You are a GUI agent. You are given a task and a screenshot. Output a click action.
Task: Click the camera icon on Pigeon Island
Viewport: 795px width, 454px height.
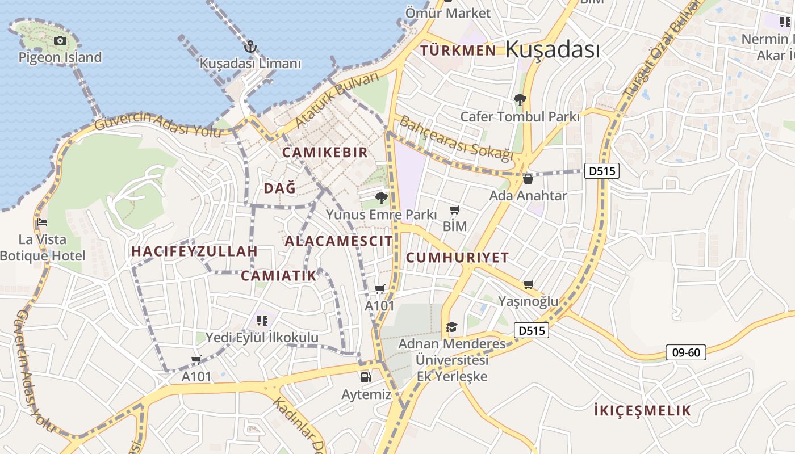coord(60,40)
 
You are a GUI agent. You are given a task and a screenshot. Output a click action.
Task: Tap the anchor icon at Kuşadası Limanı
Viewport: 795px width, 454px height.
coord(250,47)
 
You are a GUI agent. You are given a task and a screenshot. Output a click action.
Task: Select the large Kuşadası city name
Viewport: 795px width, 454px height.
coord(552,49)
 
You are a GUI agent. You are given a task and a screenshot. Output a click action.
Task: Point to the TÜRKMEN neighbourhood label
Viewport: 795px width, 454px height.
coord(458,51)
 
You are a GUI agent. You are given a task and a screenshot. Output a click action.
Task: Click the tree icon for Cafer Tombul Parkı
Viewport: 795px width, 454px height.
coord(520,100)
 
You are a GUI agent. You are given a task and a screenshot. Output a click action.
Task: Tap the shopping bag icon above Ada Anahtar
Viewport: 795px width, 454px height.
coord(528,179)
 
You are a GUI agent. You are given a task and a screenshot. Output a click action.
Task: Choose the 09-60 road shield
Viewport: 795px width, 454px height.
coord(685,352)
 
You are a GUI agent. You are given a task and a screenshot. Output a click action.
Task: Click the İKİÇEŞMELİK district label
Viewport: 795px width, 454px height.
coord(642,410)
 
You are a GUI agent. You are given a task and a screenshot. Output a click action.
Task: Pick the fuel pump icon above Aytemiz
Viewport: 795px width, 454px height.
coord(366,377)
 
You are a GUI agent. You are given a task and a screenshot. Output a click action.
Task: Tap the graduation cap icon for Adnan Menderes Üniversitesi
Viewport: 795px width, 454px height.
coord(451,327)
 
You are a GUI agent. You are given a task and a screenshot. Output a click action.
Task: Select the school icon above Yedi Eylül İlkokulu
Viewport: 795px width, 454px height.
coord(262,321)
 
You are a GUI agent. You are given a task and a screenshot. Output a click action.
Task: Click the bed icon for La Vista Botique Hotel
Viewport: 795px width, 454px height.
coord(42,222)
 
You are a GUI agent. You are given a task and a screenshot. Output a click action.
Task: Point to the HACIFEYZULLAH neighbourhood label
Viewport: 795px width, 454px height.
coord(195,251)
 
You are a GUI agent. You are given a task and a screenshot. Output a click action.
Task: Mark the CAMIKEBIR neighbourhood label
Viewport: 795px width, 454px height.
coord(325,153)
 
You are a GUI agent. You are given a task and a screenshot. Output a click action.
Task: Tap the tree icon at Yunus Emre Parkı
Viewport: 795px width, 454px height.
coord(382,198)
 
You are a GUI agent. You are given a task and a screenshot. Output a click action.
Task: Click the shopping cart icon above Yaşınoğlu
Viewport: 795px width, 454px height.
coord(529,284)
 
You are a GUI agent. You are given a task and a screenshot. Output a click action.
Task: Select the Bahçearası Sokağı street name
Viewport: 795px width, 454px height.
coord(456,138)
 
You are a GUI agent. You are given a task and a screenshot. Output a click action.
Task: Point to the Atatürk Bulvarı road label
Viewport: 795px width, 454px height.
coord(337,100)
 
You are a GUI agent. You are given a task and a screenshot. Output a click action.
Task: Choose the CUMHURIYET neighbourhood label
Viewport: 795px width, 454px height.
coord(458,257)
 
